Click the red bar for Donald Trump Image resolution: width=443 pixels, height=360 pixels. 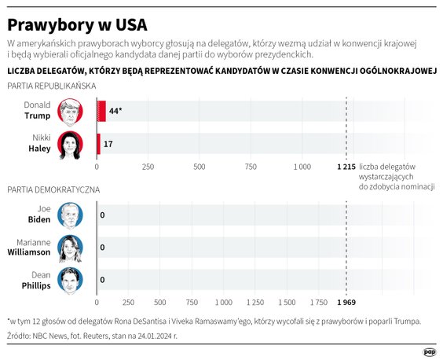pyautogui.click(x=101, y=111)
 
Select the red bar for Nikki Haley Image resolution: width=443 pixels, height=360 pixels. pyautogui.click(x=98, y=145)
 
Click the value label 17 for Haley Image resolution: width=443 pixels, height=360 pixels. pyautogui.click(x=108, y=145)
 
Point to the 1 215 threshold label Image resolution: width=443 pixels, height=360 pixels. pyautogui.click(x=346, y=167)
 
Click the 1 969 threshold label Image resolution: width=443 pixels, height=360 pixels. pyautogui.click(x=346, y=302)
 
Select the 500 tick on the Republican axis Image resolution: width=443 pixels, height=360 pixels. pyautogui.click(x=200, y=167)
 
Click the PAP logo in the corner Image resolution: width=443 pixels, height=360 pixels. pyautogui.click(x=430, y=351)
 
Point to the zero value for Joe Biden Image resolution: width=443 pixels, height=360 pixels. pyautogui.click(x=102, y=215)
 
